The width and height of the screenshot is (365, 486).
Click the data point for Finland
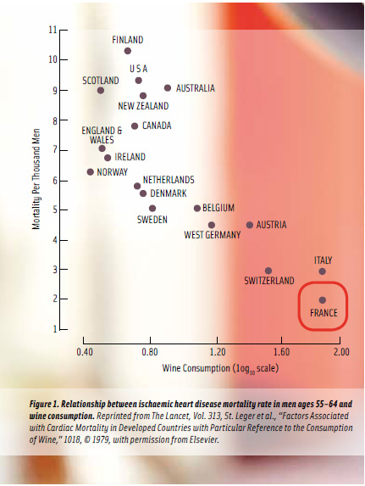tap(128, 51)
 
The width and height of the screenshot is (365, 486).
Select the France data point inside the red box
tap(322, 300)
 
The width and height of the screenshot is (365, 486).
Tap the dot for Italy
tap(322, 271)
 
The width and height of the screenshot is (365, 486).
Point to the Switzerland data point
tap(268, 271)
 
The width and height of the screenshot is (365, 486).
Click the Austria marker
tap(250, 225)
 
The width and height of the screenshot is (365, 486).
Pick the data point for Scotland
tap(101, 90)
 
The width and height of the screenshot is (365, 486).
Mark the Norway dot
tap(91, 172)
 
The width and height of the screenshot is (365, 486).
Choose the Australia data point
tap(168, 88)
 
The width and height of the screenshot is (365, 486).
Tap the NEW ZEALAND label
tap(143, 106)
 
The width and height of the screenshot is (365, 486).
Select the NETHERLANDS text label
tap(168, 180)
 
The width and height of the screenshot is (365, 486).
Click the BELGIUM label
tap(218, 208)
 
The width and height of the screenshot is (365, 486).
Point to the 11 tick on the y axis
tap(53, 30)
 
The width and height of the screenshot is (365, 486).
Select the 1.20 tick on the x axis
tap(216, 350)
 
